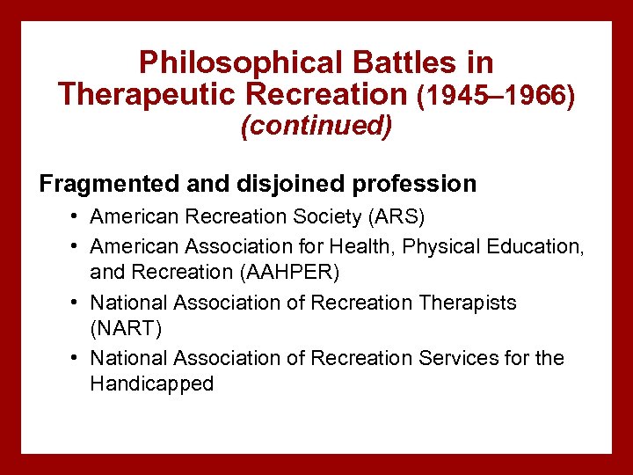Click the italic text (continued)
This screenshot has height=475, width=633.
(x=316, y=126)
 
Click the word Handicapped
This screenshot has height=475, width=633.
(x=151, y=384)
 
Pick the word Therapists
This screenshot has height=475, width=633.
(x=467, y=303)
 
